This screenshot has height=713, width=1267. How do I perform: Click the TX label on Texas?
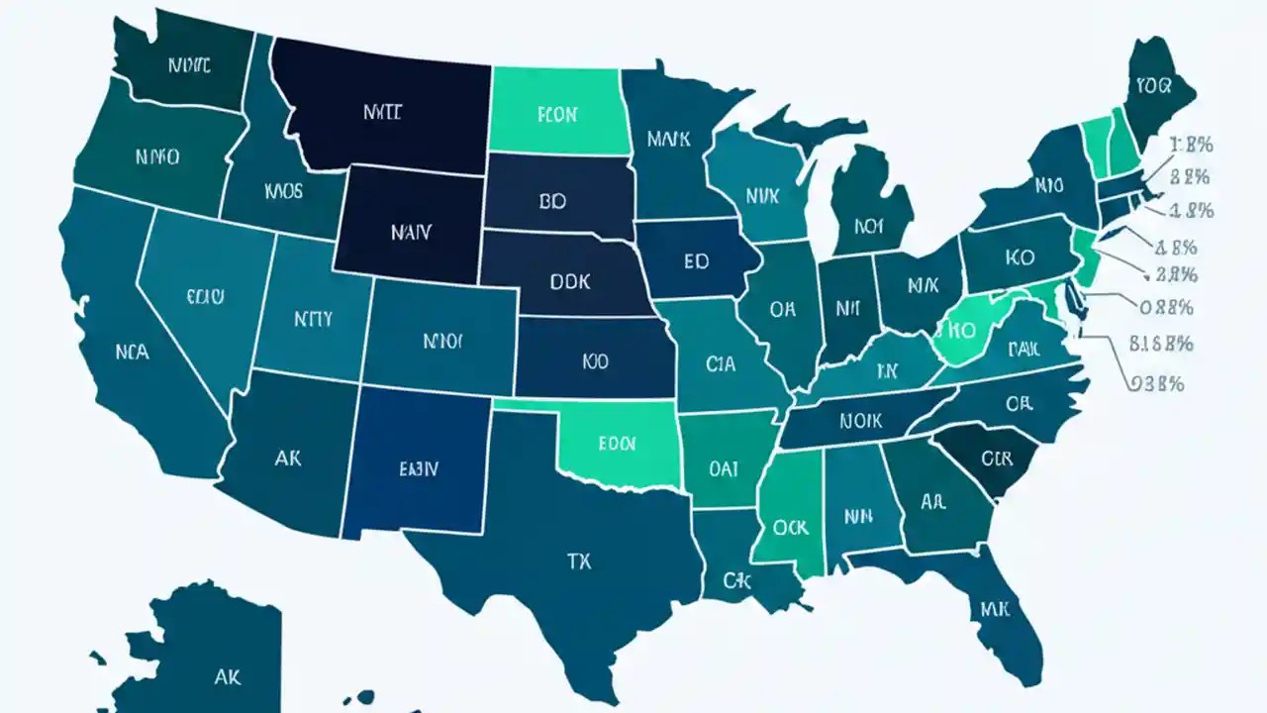[x=579, y=561]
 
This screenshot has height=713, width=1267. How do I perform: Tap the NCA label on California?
[x=132, y=352]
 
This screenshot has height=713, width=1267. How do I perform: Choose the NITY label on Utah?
[x=314, y=319]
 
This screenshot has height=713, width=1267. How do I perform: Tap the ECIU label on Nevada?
[x=205, y=295]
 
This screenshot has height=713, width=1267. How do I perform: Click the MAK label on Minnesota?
[x=668, y=139]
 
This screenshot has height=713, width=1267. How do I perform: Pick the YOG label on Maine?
[x=1153, y=85]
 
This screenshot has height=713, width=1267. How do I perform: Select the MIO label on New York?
[x=1049, y=185]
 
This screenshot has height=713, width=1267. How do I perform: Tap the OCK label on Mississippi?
[x=790, y=528]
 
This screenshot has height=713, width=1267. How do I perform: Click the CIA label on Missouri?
[x=721, y=364]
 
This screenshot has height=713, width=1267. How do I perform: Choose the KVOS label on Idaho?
[x=284, y=190]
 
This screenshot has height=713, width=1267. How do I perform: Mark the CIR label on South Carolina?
[x=996, y=458]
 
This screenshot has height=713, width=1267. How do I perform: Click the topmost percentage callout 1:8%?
[x=1191, y=146]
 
